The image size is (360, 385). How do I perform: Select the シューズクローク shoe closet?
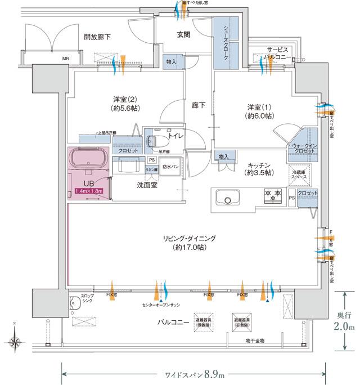tap(226, 43)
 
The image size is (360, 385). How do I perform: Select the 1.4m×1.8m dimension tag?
tap(90, 191)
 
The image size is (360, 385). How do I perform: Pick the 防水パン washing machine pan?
tap(170, 167)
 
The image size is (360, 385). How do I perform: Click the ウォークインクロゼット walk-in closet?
tap(304, 149)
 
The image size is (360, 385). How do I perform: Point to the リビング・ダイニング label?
tap(193, 242)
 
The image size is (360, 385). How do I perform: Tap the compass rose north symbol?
tap(15, 341)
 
